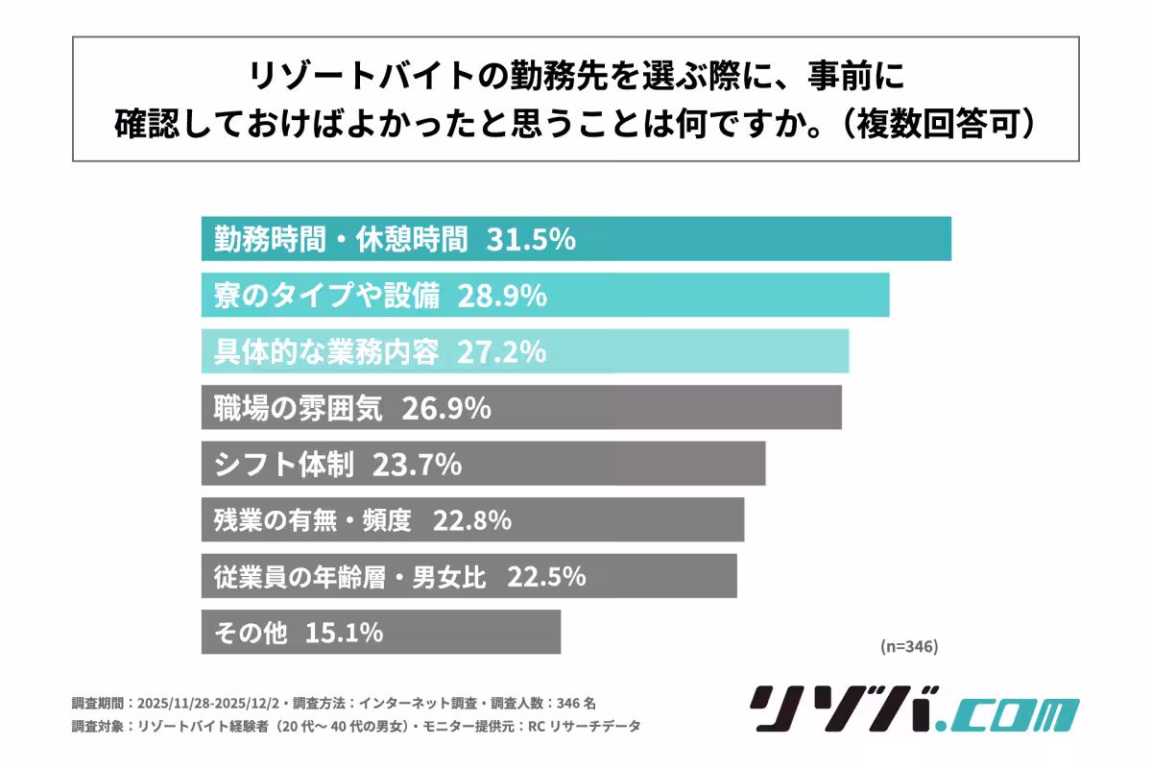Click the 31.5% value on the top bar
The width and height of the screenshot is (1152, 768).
(531, 240)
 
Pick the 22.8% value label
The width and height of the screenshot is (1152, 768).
(472, 521)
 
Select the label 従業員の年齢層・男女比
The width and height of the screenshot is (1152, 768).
(350, 577)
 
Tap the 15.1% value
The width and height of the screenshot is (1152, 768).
(345, 633)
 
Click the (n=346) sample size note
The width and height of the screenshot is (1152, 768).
(908, 646)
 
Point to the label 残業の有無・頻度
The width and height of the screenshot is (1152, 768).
(312, 521)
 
